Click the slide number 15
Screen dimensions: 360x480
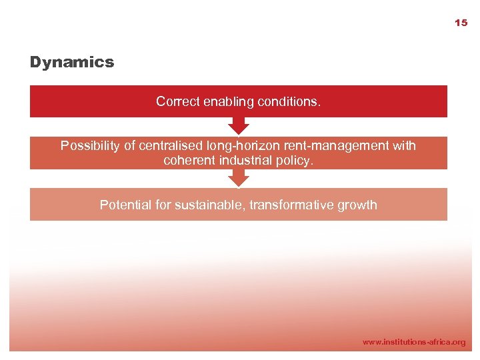point(461,23)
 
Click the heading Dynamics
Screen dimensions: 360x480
point(72,63)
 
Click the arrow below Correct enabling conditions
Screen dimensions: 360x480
point(238,125)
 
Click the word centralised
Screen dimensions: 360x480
point(171,146)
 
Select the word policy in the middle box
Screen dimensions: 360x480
point(294,161)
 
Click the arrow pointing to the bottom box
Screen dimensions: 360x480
point(238,178)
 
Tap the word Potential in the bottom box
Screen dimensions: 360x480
point(125,205)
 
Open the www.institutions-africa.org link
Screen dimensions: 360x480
point(414,342)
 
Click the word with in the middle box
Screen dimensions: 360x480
point(403,146)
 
